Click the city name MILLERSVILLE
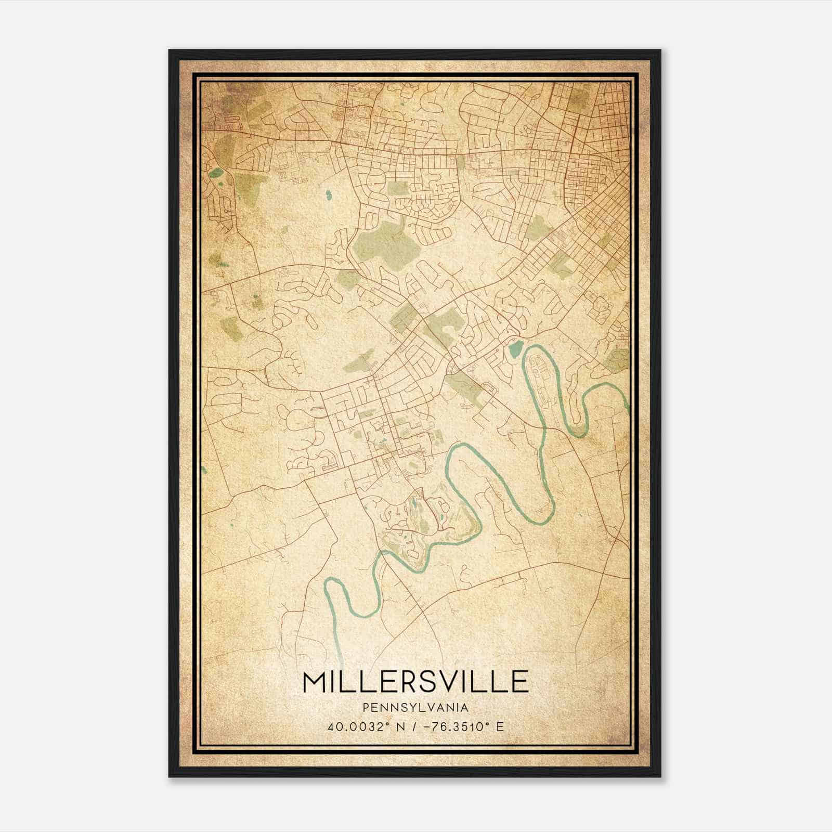(x=415, y=682)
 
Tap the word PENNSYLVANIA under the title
(x=415, y=708)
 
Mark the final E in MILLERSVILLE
(x=521, y=682)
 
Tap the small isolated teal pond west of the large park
(x=328, y=196)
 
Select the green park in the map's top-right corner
(x=577, y=101)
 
